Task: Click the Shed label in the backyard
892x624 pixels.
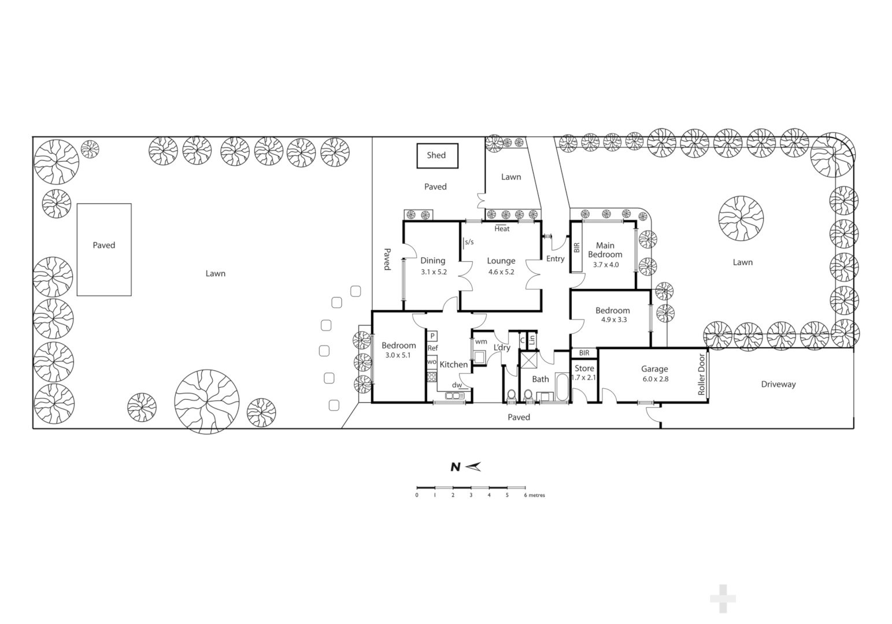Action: (x=436, y=155)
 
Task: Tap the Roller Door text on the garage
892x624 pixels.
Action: (x=702, y=374)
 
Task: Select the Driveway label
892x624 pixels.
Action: (x=778, y=384)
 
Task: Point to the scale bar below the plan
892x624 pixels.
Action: (x=471, y=488)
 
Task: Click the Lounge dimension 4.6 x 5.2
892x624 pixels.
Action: (x=501, y=272)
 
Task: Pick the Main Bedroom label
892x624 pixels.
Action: (x=605, y=250)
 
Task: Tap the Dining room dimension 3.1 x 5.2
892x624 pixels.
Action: (x=433, y=272)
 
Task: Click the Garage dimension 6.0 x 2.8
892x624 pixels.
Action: (x=654, y=379)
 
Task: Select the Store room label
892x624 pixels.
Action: (x=584, y=368)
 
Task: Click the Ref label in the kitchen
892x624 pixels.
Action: (x=432, y=348)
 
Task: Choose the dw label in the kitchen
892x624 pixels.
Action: (x=457, y=385)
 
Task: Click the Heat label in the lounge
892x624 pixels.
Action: (x=502, y=229)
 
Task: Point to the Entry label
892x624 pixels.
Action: (x=555, y=259)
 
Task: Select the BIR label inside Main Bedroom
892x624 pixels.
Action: (x=576, y=248)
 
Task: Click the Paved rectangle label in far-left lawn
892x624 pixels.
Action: (x=104, y=245)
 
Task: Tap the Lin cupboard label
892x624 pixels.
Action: (x=532, y=340)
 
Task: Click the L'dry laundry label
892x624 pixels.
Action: (x=502, y=348)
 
